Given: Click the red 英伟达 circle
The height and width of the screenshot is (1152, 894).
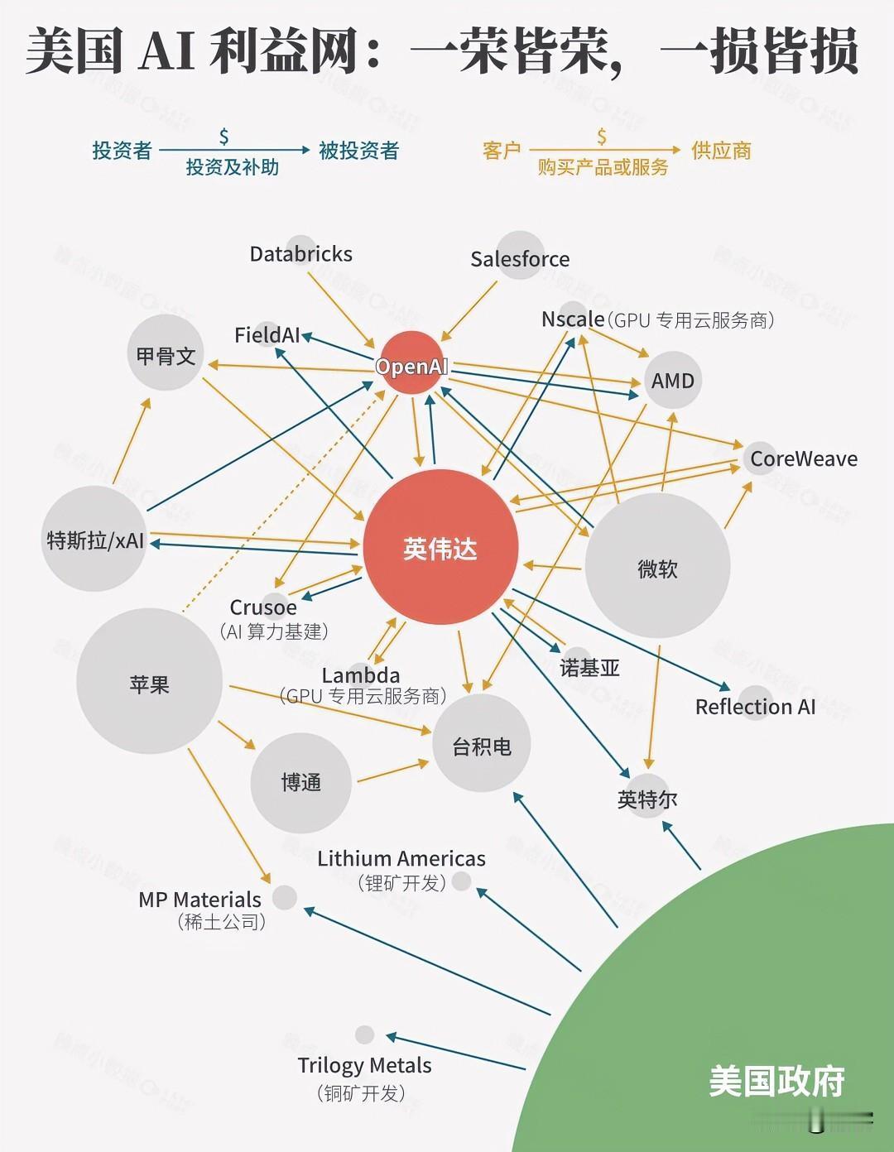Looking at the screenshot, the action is click(x=440, y=547).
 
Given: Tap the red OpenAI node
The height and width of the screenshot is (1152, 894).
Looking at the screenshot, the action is click(x=411, y=364).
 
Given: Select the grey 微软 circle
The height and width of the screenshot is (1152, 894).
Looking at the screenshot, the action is click(x=657, y=567).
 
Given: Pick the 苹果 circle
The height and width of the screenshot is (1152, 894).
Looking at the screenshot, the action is click(x=149, y=683).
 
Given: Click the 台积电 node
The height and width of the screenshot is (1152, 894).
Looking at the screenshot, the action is click(x=481, y=745).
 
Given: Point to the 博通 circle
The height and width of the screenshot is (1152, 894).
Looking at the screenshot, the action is click(x=300, y=781).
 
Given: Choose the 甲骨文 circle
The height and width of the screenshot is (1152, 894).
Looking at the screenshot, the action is click(x=166, y=355).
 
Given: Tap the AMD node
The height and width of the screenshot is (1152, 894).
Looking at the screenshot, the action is click(x=672, y=380).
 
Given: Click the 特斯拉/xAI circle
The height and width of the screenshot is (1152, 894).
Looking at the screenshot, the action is click(x=94, y=540).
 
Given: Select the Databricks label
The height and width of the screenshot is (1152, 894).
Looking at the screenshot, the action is click(x=300, y=253).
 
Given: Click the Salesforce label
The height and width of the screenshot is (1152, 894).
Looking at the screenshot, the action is click(x=520, y=259).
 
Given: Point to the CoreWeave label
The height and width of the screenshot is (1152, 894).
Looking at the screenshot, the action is click(x=803, y=458).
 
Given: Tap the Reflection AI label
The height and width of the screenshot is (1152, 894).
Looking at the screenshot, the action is click(x=755, y=707).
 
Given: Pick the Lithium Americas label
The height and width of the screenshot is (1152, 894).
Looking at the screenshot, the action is click(x=401, y=858).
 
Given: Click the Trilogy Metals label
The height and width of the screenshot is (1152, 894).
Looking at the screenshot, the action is click(x=364, y=1065).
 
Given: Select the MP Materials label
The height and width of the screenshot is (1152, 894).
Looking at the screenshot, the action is click(x=199, y=899).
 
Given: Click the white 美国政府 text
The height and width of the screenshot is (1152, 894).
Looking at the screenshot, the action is click(x=776, y=1081).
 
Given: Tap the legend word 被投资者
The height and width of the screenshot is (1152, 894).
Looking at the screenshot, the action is click(x=358, y=151).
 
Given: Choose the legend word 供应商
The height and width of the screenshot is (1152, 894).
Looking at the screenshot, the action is click(x=721, y=151).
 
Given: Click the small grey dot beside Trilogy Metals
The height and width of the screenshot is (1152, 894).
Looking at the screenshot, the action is click(x=364, y=1034).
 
